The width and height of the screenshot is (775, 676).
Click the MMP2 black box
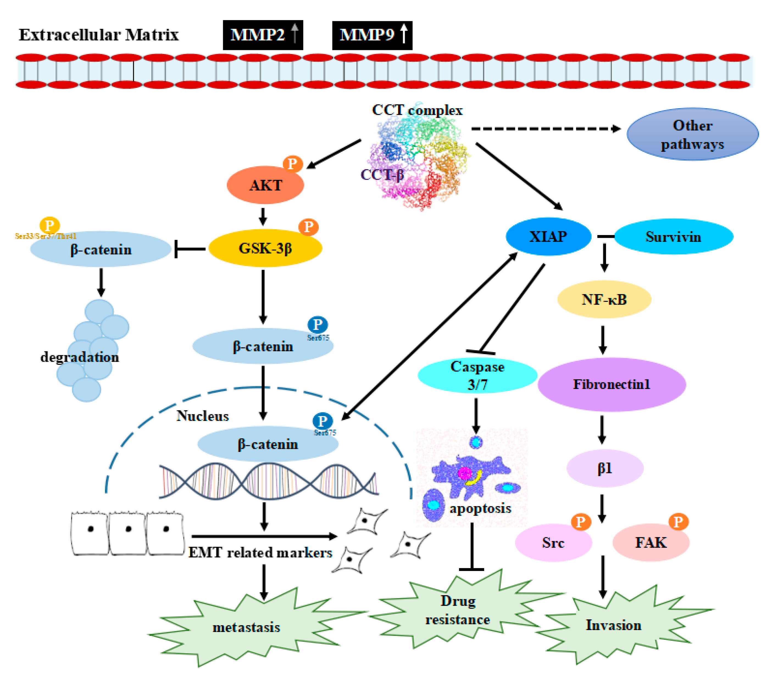tap(263, 35)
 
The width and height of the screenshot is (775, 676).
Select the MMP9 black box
tap(372, 35)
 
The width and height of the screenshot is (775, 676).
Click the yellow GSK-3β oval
tap(265, 248)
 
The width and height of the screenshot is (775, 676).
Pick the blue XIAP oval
tap(548, 236)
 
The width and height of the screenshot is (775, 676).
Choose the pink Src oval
tap(553, 542)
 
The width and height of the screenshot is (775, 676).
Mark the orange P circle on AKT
tap(293, 164)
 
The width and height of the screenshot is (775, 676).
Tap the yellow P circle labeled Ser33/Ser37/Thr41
tap(49, 226)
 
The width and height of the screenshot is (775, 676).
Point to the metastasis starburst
tap(246, 627)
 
